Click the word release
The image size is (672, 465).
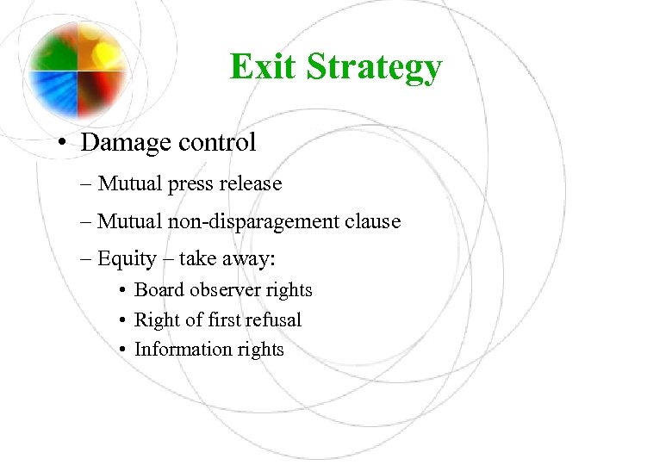[x=250, y=184]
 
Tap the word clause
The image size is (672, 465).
[x=372, y=221]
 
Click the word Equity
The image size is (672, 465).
[x=127, y=259]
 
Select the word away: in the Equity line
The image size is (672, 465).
[x=256, y=259]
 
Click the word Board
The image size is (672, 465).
[x=159, y=290]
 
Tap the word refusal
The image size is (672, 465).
[x=271, y=319]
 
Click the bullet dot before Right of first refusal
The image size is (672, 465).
[x=124, y=320]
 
